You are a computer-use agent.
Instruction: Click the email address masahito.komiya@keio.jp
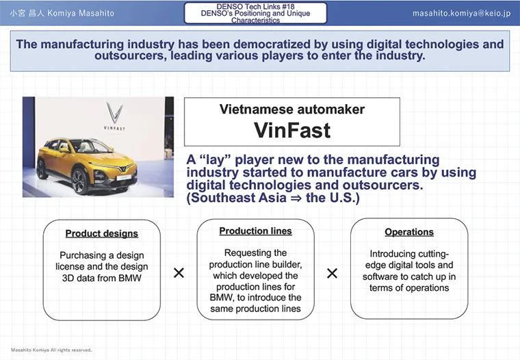tap(461, 13)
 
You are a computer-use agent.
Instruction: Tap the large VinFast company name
tap(292, 130)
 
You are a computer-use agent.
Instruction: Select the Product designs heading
tap(102, 233)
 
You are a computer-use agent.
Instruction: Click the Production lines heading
tap(255, 231)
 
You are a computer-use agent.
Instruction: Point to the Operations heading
tap(409, 232)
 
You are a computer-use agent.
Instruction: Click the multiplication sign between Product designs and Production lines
tap(179, 273)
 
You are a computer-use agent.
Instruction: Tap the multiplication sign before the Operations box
tap(332, 273)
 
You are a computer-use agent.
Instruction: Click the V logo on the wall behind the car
tap(114, 113)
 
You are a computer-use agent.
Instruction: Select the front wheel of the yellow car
tap(79, 181)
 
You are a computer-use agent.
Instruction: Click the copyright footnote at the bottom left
tap(51, 350)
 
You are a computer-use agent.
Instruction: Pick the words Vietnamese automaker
tap(292, 109)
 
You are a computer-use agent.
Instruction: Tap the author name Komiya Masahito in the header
tap(81, 13)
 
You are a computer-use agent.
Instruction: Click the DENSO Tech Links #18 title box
tap(255, 13)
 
